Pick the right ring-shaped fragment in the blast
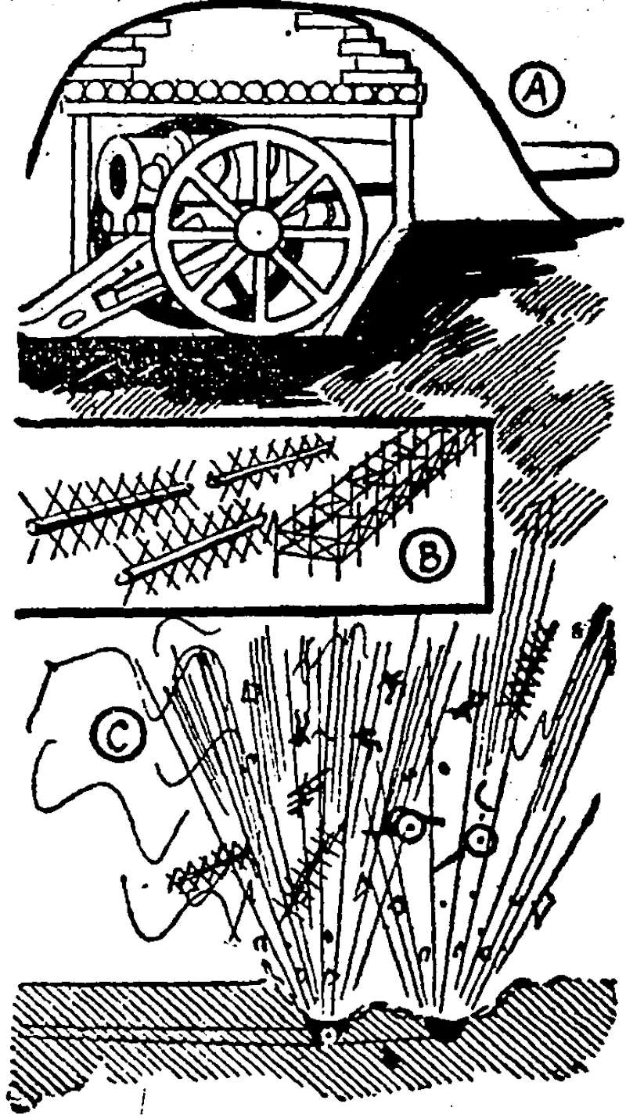pos(480,841)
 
